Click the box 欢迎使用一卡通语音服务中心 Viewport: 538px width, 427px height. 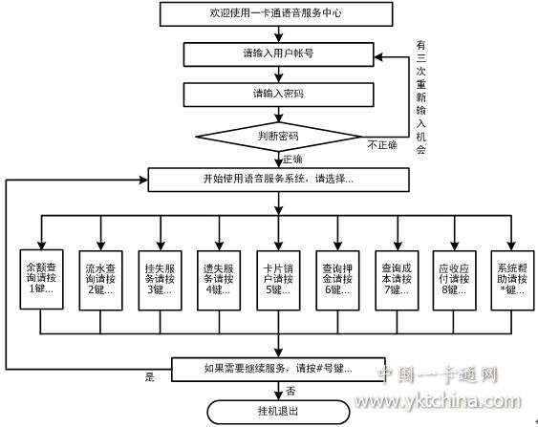tap(276, 13)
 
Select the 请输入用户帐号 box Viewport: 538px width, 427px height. tap(279, 54)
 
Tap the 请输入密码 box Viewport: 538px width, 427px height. tap(279, 95)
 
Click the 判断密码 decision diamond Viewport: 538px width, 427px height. tap(278, 137)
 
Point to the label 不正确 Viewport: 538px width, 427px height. tap(382, 145)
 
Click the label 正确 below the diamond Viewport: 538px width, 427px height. tap(292, 159)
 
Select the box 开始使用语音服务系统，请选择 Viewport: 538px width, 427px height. tap(279, 180)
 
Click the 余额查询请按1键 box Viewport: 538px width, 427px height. tap(41, 279)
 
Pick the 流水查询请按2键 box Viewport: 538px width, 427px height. tap(101, 281)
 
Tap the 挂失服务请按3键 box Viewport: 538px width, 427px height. tap(160, 281)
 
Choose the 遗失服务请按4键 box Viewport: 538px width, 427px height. tap(219, 281)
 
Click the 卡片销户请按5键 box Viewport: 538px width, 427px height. tap(279, 281)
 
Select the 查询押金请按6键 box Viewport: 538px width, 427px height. tap(337, 281)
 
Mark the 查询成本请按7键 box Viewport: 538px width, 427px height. tap(397, 281)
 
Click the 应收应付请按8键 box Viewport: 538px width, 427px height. tap(455, 281)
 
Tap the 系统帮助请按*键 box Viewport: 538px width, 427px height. tap(512, 281)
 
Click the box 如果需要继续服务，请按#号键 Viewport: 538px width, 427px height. tap(278, 370)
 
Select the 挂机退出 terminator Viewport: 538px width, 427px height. tap(278, 412)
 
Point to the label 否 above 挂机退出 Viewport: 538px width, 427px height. tap(291, 391)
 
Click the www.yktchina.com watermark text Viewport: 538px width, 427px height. tap(438, 401)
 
